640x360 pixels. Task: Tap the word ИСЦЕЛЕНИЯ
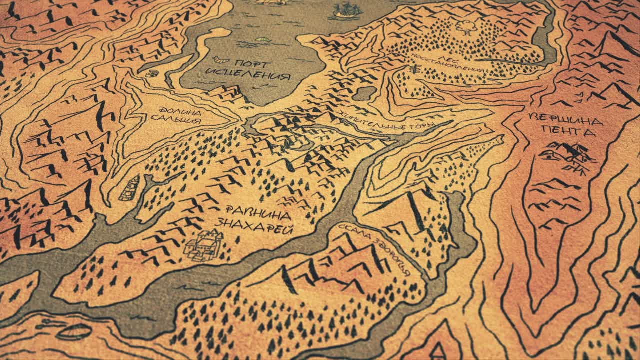pos(248,76)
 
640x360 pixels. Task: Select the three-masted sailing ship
pos(346,10)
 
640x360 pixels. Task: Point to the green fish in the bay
pos(261,39)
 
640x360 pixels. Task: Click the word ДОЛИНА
pos(179,111)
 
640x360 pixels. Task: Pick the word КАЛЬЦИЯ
pos(176,120)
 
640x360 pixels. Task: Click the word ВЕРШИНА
pos(565,120)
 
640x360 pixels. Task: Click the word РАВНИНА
pos(257,214)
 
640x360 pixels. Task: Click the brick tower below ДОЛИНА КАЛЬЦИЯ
pos(130,188)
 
